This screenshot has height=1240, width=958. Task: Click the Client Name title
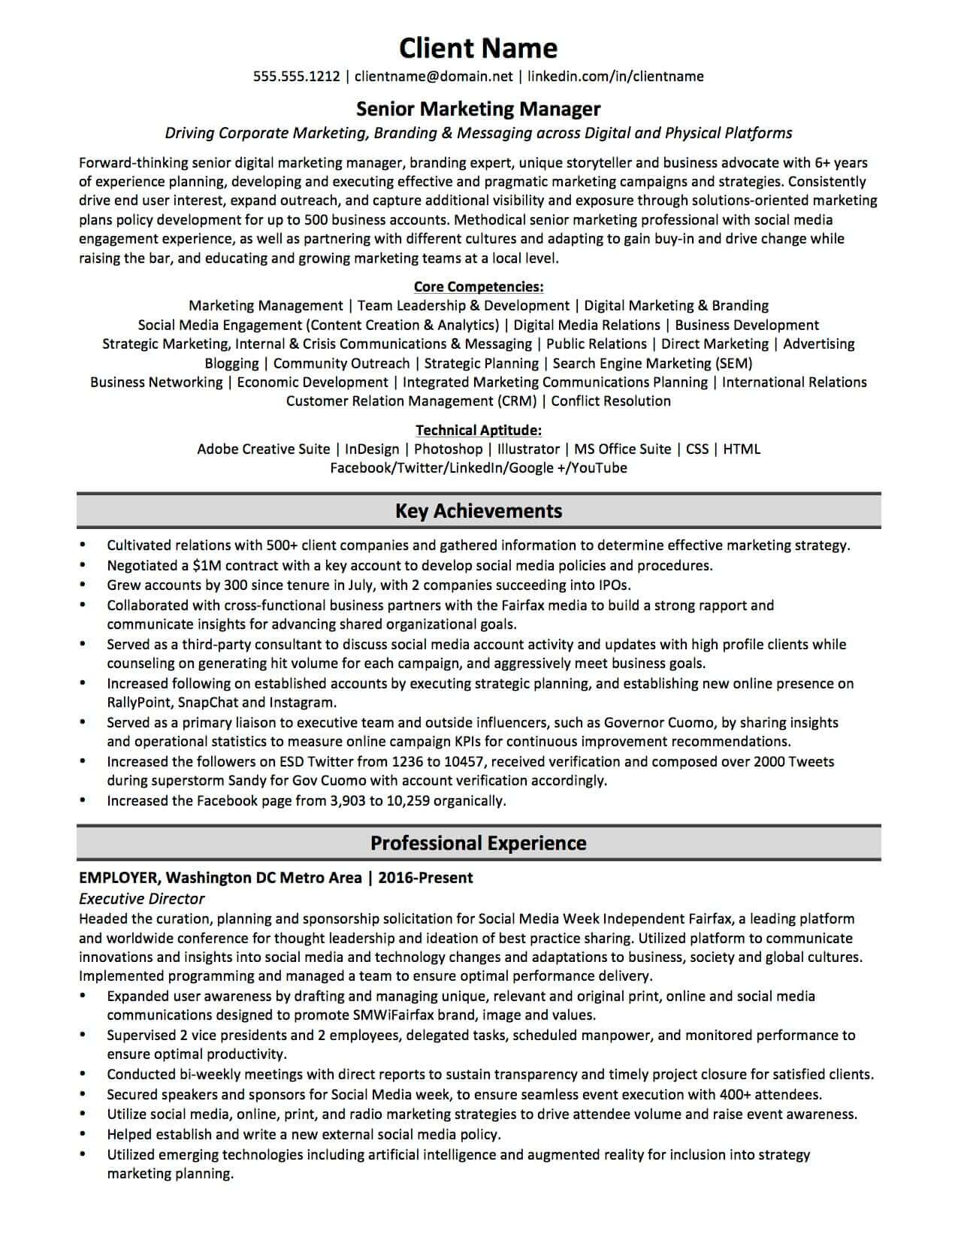tap(478, 48)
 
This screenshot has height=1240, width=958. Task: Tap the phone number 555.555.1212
tap(296, 76)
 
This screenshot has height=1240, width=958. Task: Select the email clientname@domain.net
tap(434, 76)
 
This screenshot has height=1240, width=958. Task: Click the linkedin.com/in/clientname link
tap(615, 76)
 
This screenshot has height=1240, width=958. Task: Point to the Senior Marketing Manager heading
tap(478, 109)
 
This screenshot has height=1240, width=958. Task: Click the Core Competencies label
tap(478, 286)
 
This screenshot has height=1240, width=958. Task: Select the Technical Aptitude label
tap(478, 430)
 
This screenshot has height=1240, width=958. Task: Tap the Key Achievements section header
tap(478, 511)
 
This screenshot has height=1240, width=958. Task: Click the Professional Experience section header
tap(478, 843)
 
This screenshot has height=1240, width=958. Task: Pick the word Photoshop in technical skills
tap(448, 449)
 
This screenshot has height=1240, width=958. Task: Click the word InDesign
tap(372, 449)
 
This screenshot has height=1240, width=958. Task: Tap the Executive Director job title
tap(141, 899)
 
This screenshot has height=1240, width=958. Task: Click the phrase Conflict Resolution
tap(611, 401)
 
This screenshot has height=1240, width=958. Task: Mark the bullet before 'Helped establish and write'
tap(82, 1135)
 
